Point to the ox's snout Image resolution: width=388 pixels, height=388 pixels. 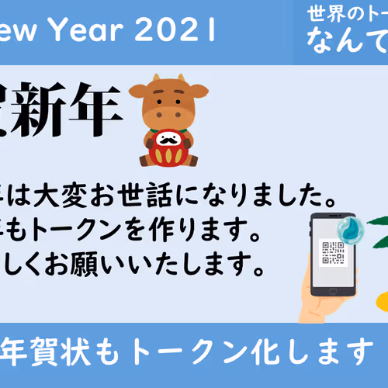pyautogui.click(x=167, y=116)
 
